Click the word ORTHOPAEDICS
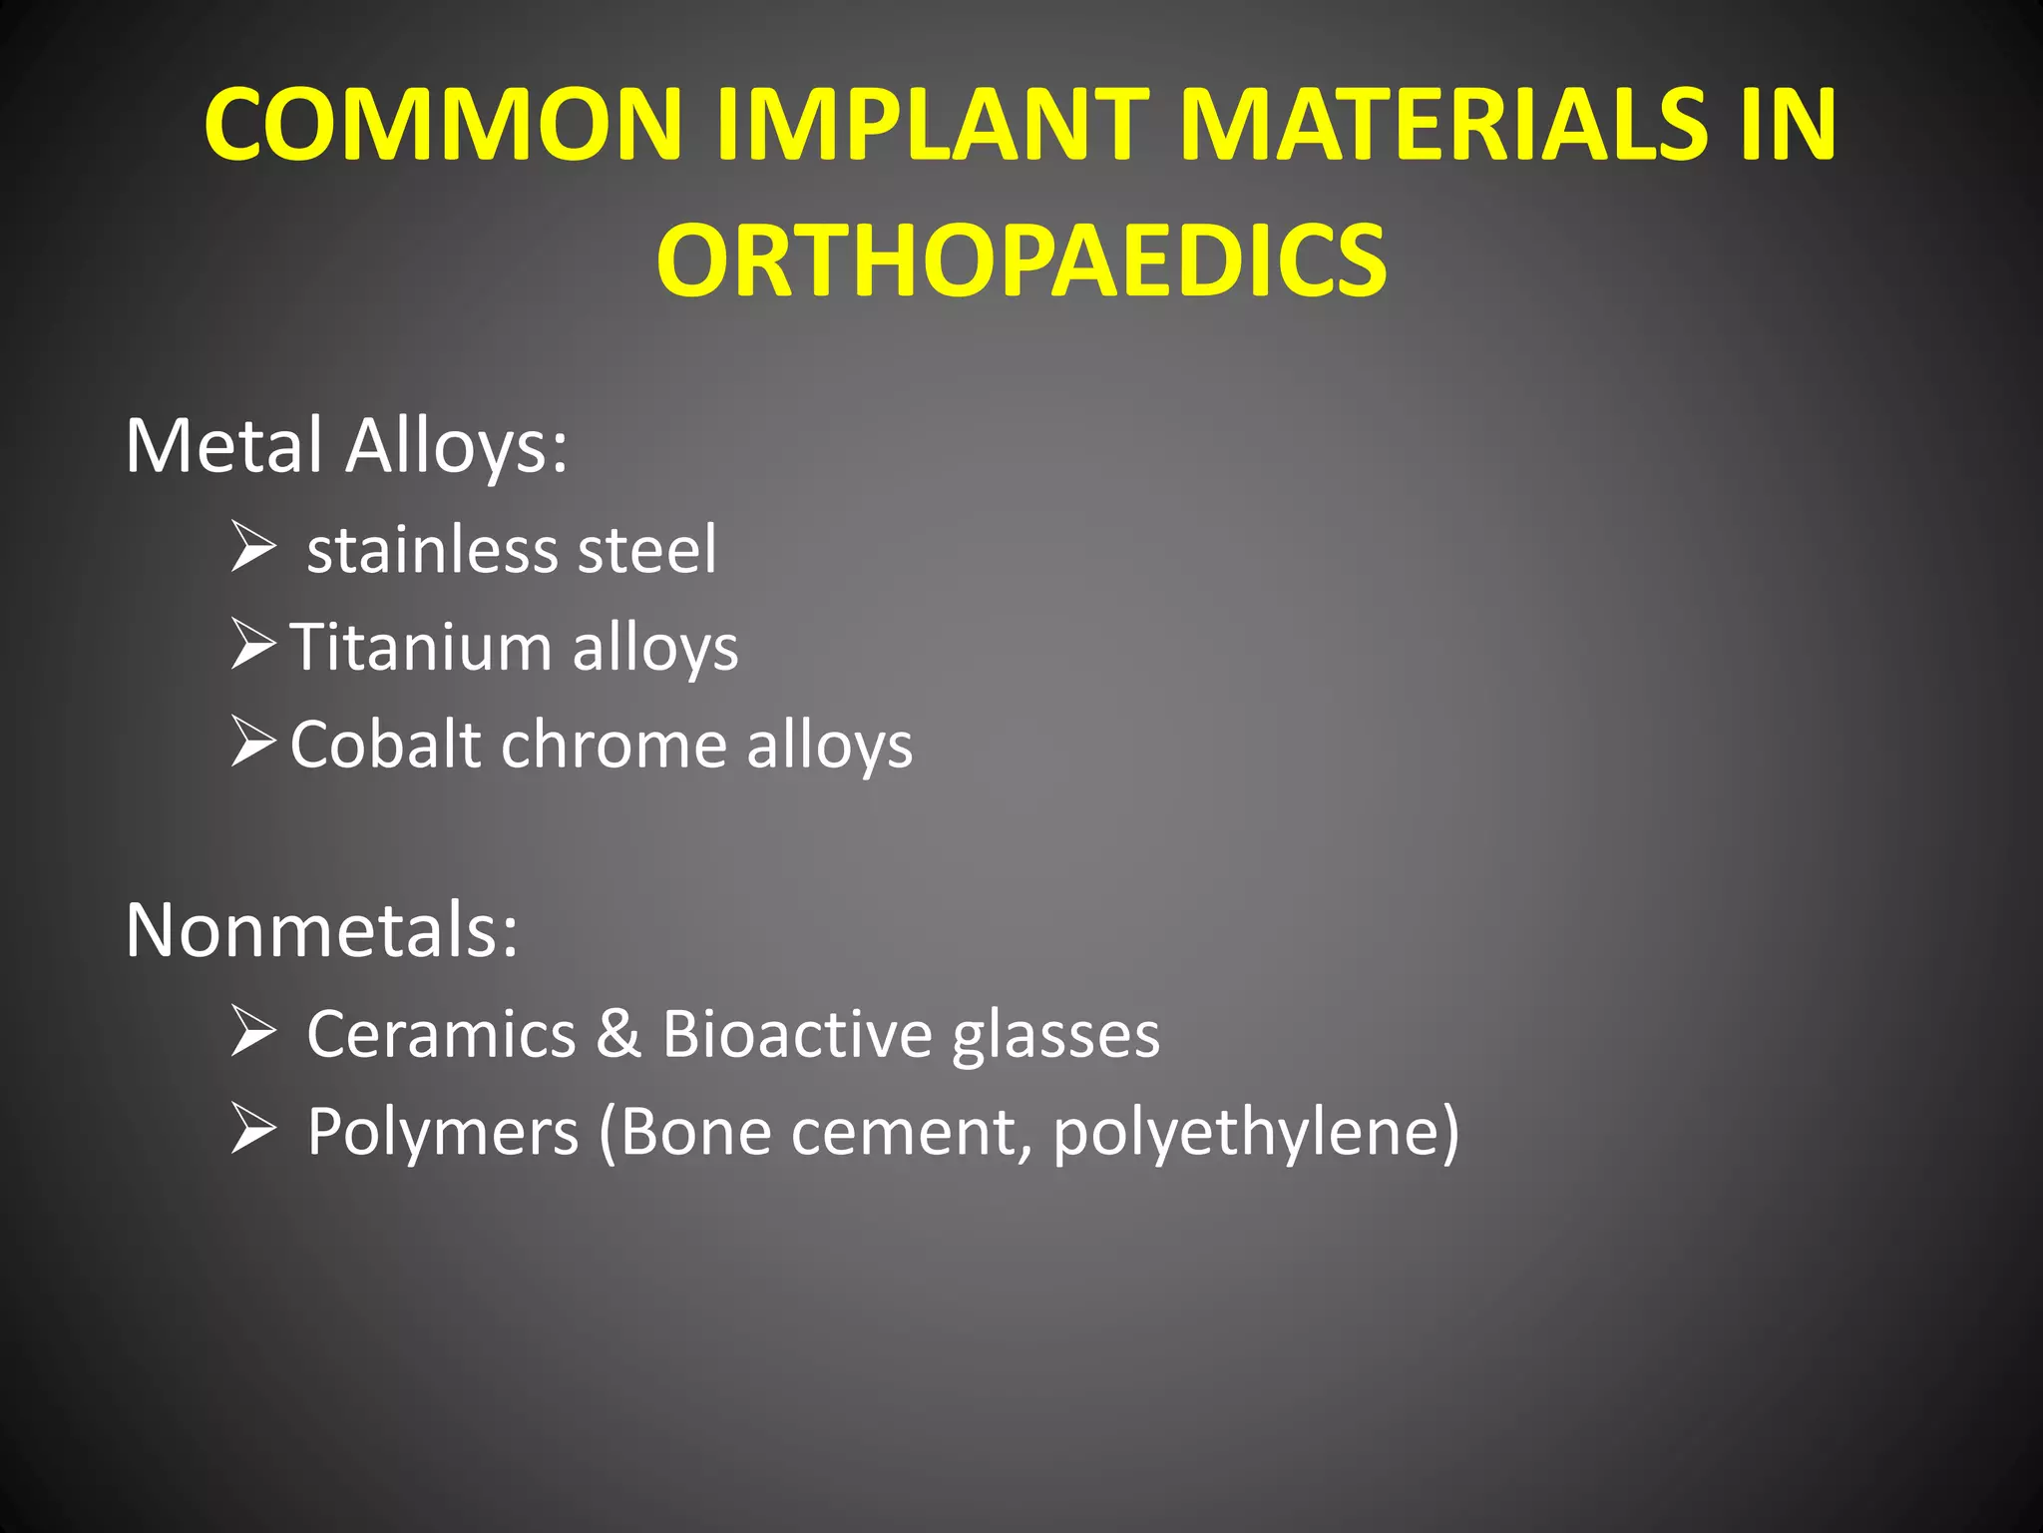(x=1021, y=261)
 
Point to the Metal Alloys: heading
(x=346, y=446)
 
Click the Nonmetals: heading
(x=321, y=930)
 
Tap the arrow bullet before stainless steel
(x=253, y=547)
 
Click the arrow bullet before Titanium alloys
(x=253, y=644)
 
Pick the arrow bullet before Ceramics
(x=253, y=1031)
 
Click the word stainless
(x=431, y=550)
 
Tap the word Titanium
(x=420, y=648)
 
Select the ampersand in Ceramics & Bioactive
(x=618, y=1034)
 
